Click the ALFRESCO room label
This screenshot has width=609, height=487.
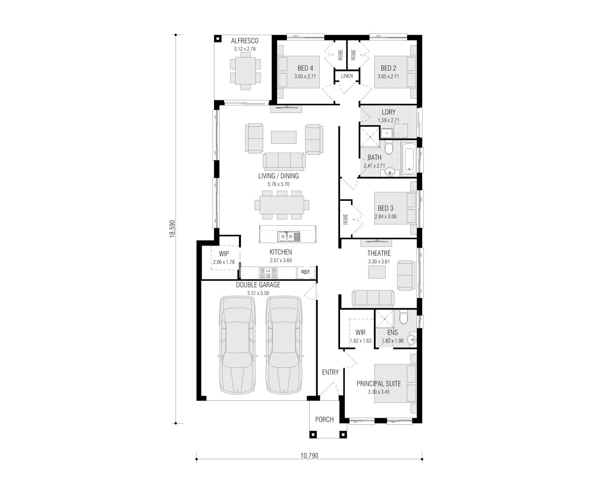pos(244,41)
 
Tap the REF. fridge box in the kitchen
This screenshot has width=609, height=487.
pos(306,272)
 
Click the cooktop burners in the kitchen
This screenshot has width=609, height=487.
pos(268,273)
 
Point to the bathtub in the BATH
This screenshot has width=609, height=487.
pos(409,158)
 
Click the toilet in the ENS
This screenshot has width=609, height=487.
pos(403,317)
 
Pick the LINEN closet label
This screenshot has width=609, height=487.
pos(347,76)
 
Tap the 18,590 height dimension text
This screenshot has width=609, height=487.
pos(173,229)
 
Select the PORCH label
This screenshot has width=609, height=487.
pos(324,419)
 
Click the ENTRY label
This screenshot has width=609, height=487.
pos(330,372)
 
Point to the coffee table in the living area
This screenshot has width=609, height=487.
pos(283,137)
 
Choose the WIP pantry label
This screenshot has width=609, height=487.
pos(224,254)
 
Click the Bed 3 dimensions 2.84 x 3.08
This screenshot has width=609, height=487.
pos(385,217)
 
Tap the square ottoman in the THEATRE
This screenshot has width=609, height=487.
pos(377,272)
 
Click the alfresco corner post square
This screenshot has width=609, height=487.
pos(217,38)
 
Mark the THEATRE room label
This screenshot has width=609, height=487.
pos(379,253)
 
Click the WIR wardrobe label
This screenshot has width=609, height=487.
pos(360,333)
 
